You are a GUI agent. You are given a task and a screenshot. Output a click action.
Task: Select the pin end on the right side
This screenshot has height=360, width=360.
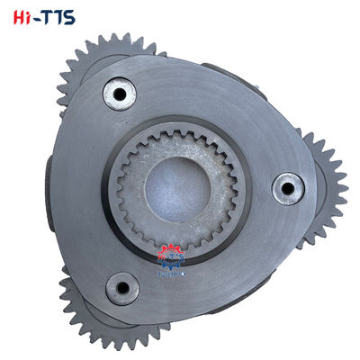point(288,188)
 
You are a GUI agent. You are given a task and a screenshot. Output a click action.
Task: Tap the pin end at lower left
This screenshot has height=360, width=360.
point(121,289)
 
